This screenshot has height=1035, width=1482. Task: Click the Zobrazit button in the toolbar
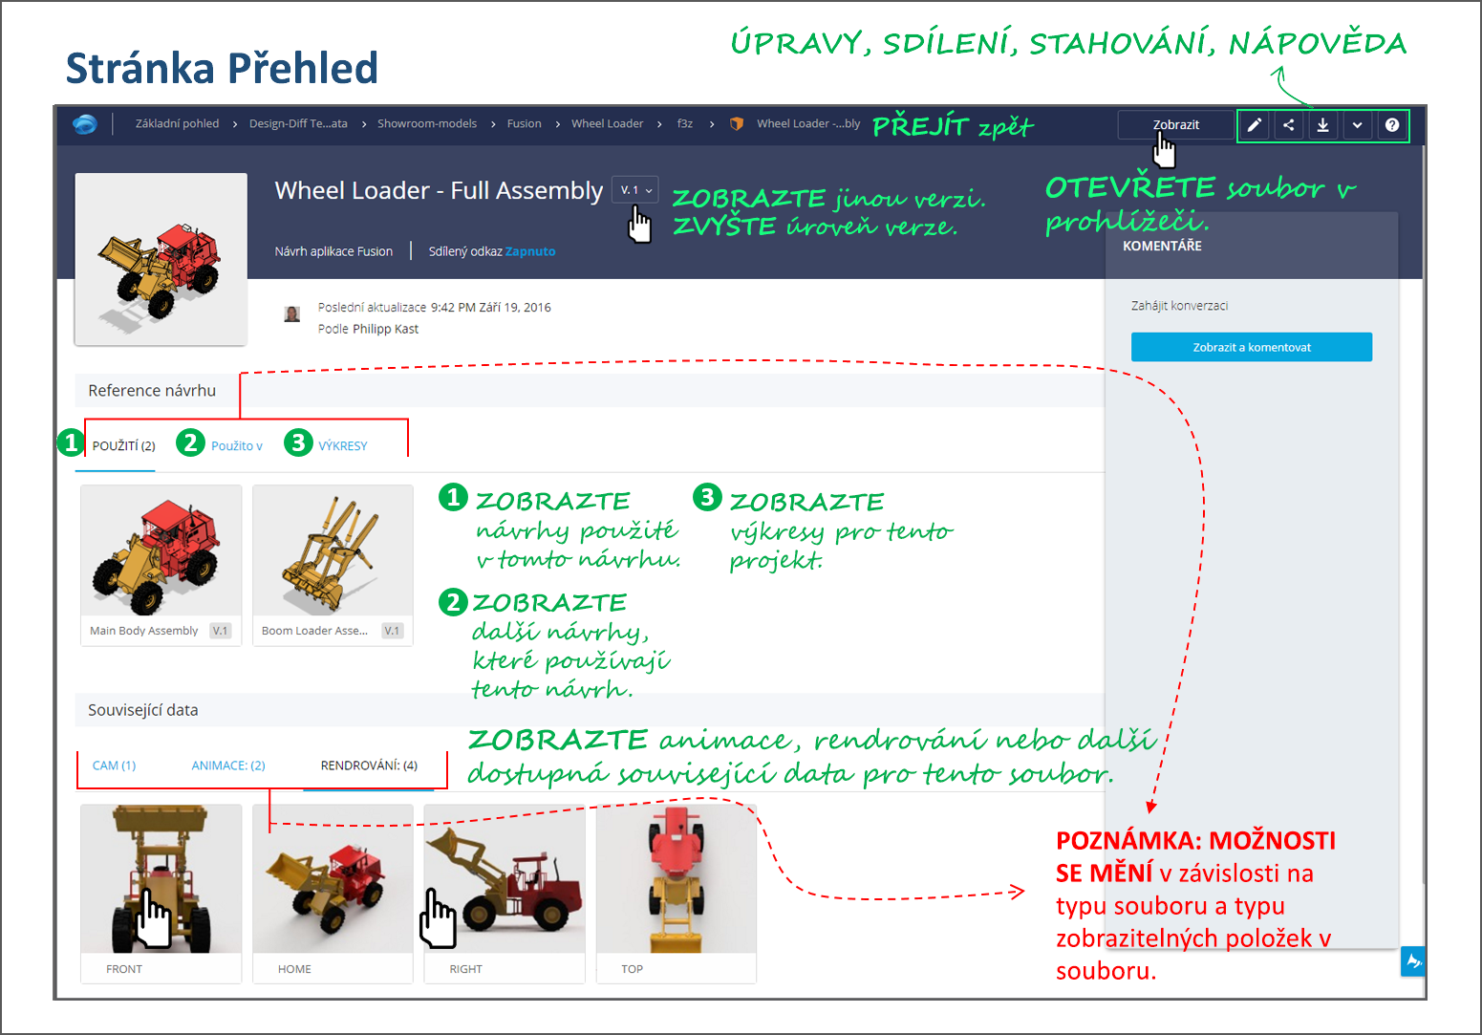[x=1175, y=125]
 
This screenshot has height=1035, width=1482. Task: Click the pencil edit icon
[x=1254, y=125]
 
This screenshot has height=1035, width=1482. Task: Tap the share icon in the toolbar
[x=1288, y=125]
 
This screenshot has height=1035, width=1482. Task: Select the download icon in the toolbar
[x=1322, y=125]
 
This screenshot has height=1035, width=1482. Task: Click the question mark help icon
[x=1392, y=125]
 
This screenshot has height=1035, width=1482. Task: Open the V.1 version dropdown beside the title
[x=635, y=190]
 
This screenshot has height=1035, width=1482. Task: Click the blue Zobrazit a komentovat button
[x=1251, y=347]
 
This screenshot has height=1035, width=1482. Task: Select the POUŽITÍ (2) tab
[x=123, y=446]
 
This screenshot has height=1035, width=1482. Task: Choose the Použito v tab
[x=236, y=446]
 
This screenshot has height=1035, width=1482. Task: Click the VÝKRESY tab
[x=342, y=446]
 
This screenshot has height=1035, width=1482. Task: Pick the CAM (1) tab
[x=114, y=765]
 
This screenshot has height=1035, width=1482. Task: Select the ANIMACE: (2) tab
[x=228, y=765]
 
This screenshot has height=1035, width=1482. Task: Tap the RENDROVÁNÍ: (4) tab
[x=369, y=765]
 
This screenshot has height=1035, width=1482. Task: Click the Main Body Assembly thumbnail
[x=161, y=553]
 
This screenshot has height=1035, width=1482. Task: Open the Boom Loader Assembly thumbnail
[x=333, y=553]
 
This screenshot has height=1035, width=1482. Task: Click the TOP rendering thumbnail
[x=676, y=880]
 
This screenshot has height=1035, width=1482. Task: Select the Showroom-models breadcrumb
[x=426, y=123]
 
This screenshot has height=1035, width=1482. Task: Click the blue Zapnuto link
[x=530, y=251]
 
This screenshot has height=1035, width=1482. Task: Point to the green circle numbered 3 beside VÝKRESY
[x=299, y=442]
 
